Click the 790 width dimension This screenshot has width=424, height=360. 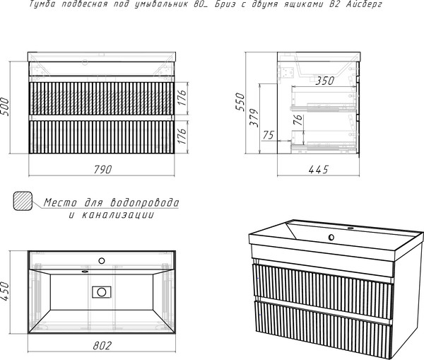pyautogui.click(x=102, y=169)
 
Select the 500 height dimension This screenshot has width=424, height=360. pyautogui.click(x=5, y=107)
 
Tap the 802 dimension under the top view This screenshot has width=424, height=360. pyautogui.click(x=102, y=346)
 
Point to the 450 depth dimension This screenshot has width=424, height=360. pyautogui.click(x=5, y=291)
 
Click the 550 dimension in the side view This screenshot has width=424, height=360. pyautogui.click(x=240, y=102)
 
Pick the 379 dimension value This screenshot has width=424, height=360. pyautogui.click(x=254, y=117)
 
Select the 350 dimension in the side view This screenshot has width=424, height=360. pyautogui.click(x=325, y=81)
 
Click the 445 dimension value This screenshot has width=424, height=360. pyautogui.click(x=318, y=170)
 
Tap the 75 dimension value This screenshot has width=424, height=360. pyautogui.click(x=269, y=135)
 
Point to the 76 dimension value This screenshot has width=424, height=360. pyautogui.click(x=298, y=120)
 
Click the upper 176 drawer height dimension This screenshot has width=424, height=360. pyautogui.click(x=182, y=98)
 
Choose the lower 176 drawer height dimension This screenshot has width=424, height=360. pyautogui.click(x=182, y=136)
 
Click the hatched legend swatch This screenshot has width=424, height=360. pyautogui.click(x=23, y=201)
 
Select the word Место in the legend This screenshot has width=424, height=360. pyautogui.click(x=61, y=202)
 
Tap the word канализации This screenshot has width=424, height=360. pyautogui.click(x=118, y=215)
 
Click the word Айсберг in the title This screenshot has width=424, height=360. pyautogui.click(x=364, y=4)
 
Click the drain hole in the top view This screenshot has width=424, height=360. pyautogui.click(x=102, y=292)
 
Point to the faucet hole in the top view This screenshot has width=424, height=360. pyautogui.click(x=102, y=261)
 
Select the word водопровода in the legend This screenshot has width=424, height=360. pyautogui.click(x=145, y=202)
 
